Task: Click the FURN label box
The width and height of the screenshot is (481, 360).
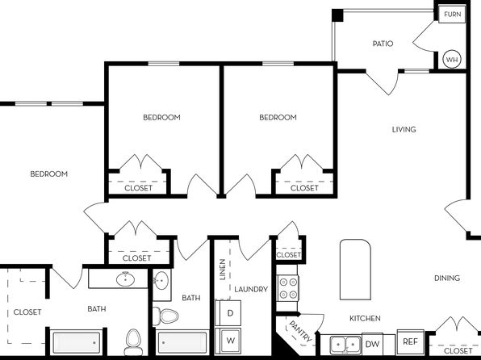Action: [x=452, y=15]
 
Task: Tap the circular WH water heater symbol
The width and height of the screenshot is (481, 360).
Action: [x=452, y=59]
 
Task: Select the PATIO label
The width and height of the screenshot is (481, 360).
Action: [x=383, y=44]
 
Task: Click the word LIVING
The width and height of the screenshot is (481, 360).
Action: [x=404, y=129]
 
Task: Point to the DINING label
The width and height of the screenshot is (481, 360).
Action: [x=447, y=278]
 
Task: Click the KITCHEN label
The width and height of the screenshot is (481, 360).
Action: [x=365, y=319]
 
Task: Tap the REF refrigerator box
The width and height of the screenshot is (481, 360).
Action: [x=411, y=341]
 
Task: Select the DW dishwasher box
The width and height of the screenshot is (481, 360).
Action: [x=372, y=344]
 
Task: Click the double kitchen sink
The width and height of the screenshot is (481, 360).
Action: [x=345, y=345]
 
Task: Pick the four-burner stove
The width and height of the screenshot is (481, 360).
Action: [x=288, y=288]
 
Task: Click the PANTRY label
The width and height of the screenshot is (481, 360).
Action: [x=301, y=332]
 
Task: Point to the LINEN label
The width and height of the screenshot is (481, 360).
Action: [x=223, y=270]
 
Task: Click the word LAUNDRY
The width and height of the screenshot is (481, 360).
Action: [x=251, y=290]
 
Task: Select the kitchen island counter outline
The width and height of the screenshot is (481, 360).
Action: [x=355, y=270]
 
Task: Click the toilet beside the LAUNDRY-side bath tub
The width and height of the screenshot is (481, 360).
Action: [x=165, y=316]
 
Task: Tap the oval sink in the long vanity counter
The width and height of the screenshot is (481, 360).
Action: [x=125, y=279]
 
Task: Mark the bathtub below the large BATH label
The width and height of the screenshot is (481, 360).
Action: [x=76, y=341]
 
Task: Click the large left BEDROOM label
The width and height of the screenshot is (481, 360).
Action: [x=49, y=174]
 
